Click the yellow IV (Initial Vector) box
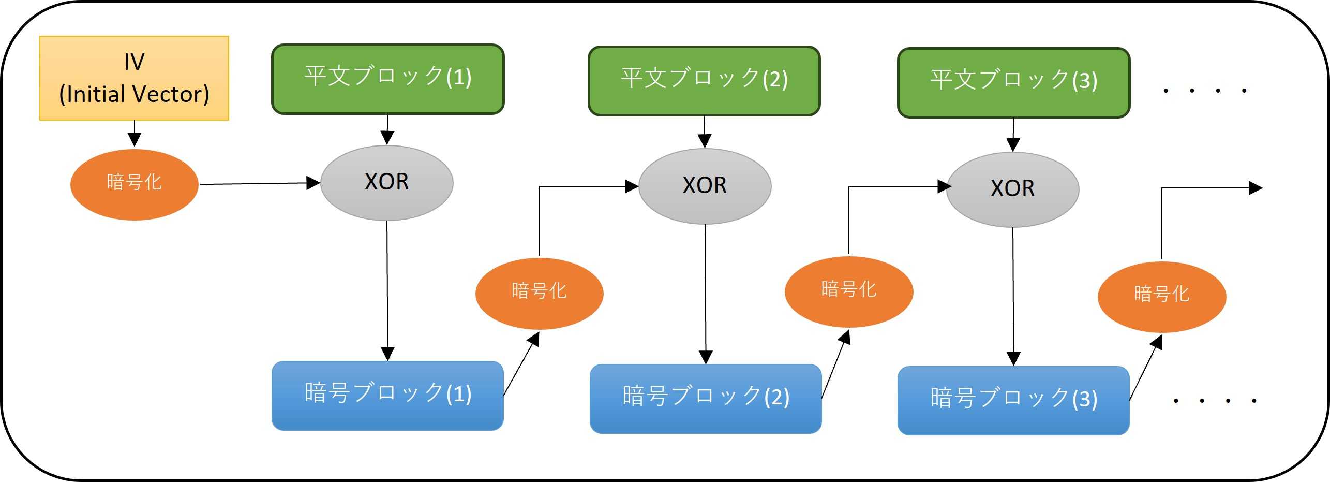click(x=134, y=78)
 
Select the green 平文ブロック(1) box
click(x=387, y=79)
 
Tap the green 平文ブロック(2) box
click(x=704, y=81)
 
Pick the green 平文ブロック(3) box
click(x=1013, y=83)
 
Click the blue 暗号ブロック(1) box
click(x=387, y=396)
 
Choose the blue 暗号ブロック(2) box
click(x=706, y=399)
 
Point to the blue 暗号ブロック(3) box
click(x=1013, y=401)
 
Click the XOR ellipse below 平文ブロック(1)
click(x=387, y=183)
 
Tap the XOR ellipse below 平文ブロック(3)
click(x=1012, y=189)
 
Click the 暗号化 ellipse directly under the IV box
click(x=134, y=184)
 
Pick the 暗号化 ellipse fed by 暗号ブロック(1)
click(x=539, y=293)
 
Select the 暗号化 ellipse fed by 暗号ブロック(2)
click(x=848, y=291)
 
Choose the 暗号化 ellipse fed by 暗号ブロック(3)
click(x=1161, y=297)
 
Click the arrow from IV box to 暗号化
click(x=135, y=134)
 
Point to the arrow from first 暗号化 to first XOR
click(x=259, y=183)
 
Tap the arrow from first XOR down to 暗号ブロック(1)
click(x=387, y=290)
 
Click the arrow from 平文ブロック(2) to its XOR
click(x=705, y=132)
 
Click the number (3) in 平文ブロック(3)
click(x=1085, y=81)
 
